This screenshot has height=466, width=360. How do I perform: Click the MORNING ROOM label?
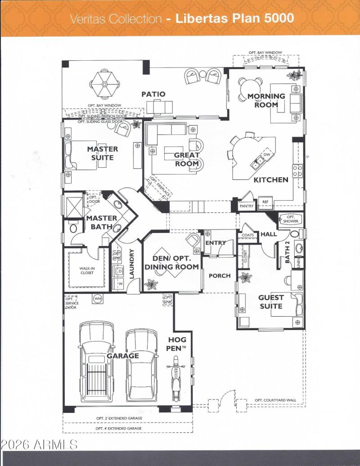(266, 100)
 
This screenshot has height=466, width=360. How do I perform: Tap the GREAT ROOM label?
(187, 159)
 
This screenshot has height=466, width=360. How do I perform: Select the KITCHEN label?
(270, 179)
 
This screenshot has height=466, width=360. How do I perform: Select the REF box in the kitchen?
(265, 202)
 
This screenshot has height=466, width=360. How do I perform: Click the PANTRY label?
(247, 206)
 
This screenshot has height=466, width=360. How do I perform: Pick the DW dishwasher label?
(266, 154)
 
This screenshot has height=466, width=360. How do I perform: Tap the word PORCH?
(220, 275)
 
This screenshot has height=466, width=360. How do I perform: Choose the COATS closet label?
(247, 235)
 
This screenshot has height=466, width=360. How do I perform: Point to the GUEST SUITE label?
(270, 301)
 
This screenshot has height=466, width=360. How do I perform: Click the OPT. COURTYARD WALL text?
(275, 400)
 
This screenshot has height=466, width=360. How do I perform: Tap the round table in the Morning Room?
(251, 86)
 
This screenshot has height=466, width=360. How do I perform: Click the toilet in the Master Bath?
(73, 228)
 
